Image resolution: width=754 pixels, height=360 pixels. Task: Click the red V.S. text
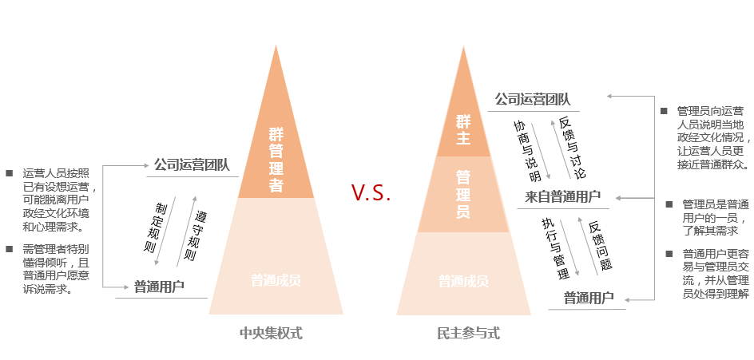coord(371,192)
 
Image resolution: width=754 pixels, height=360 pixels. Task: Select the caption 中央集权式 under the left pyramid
coord(272,333)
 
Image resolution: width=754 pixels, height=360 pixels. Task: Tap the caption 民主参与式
coord(468,333)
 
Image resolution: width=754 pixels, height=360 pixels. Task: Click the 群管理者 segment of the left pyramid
coord(276,159)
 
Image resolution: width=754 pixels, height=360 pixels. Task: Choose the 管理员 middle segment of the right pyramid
coord(463,194)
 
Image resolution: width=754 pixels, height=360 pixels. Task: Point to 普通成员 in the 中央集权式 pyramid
coord(276,280)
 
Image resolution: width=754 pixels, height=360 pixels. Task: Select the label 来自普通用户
coord(562,197)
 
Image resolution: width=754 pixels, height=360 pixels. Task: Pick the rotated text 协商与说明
coord(527,151)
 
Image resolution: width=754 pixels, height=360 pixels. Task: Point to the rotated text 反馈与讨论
coord(573,147)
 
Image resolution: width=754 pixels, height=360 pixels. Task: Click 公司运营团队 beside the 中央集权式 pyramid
coord(192,165)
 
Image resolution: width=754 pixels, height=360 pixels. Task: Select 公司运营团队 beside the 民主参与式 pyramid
coord(533,100)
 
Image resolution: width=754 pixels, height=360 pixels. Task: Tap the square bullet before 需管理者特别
coord(10,249)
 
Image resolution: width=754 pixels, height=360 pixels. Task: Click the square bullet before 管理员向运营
coord(664,110)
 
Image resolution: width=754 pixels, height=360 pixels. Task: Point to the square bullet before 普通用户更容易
coord(669,254)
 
